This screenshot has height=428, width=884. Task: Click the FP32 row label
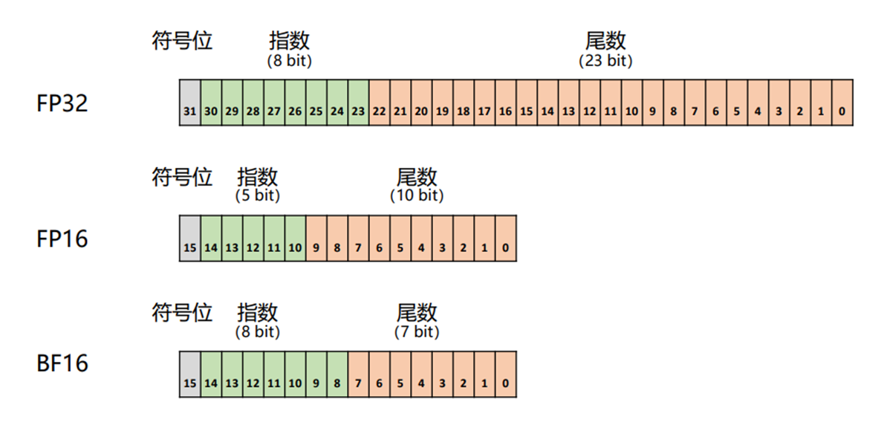[x=62, y=103]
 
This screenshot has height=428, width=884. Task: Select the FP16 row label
[x=62, y=239]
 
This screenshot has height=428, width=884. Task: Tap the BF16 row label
[x=62, y=364]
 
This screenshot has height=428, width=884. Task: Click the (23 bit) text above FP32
[x=605, y=61]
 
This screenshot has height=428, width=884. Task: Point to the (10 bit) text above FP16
[x=416, y=196]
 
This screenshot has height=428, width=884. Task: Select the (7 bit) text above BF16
[x=416, y=332]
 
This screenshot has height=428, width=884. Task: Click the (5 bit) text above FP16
[x=258, y=196]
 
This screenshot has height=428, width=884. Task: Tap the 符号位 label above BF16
[x=182, y=312]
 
